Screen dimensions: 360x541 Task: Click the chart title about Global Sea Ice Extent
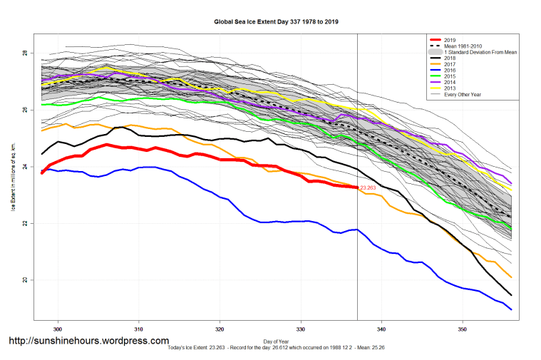click(x=277, y=22)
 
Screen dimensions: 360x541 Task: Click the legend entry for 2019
click(x=449, y=39)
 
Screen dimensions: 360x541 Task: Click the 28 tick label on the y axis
click(x=24, y=53)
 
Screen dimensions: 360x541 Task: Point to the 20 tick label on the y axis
click(x=24, y=279)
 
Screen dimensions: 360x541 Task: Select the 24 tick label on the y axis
click(x=24, y=167)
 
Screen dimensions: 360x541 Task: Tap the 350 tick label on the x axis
click(x=463, y=330)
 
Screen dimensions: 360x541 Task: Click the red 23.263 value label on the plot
click(x=369, y=188)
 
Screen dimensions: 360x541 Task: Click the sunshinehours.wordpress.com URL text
click(x=89, y=341)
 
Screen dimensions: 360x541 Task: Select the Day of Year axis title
click(x=277, y=341)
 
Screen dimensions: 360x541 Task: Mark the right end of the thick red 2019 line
click(x=356, y=187)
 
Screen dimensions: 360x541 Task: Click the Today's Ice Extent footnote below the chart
click(x=277, y=348)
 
